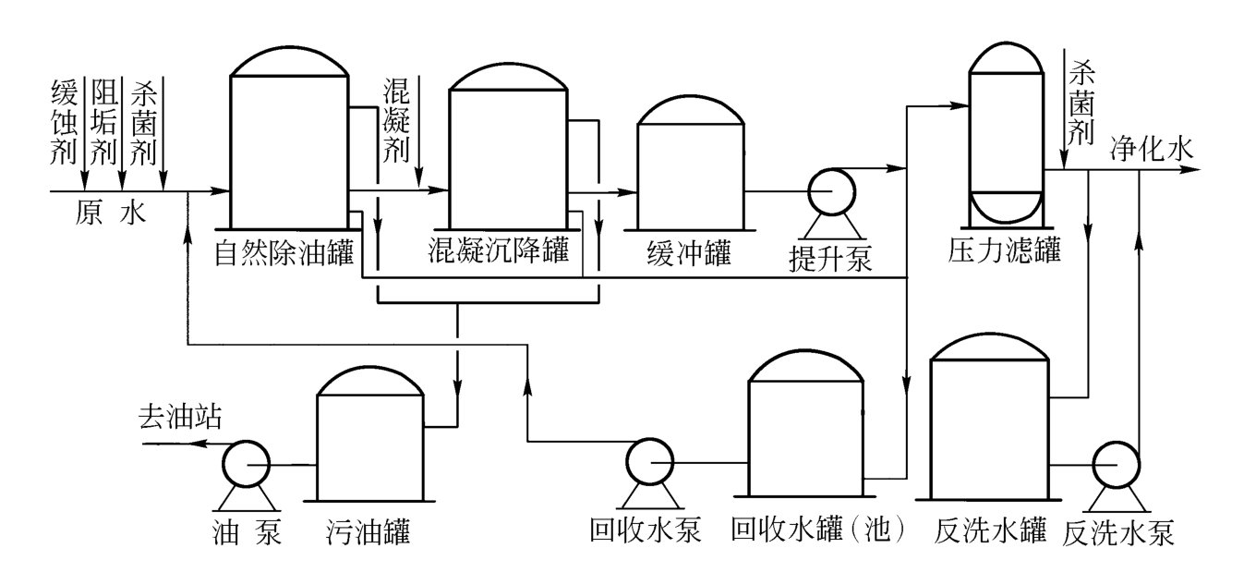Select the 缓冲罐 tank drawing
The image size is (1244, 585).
coord(690,171)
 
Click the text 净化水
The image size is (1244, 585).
coord(1151,149)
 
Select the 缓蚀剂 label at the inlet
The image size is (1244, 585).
coord(62,120)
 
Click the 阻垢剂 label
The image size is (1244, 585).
coord(103,120)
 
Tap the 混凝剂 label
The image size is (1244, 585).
coord(396,120)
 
